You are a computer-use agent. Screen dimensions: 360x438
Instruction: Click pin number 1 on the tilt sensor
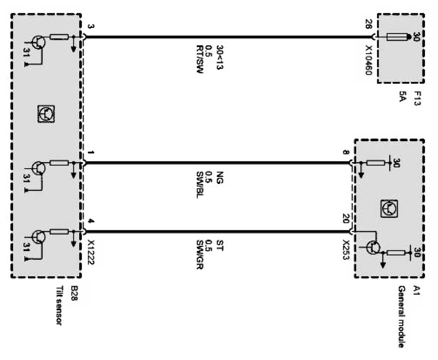[x=90, y=152]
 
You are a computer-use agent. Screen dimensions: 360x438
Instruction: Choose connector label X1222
[x=90, y=254]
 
